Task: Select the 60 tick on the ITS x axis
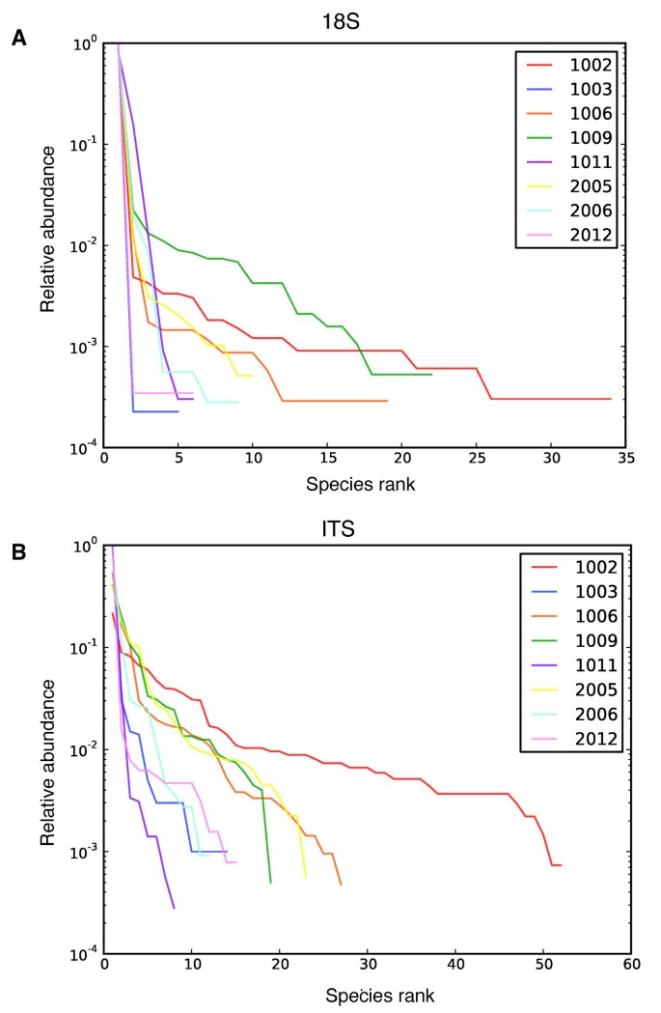(x=630, y=967)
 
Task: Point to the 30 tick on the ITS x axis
(x=367, y=967)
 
